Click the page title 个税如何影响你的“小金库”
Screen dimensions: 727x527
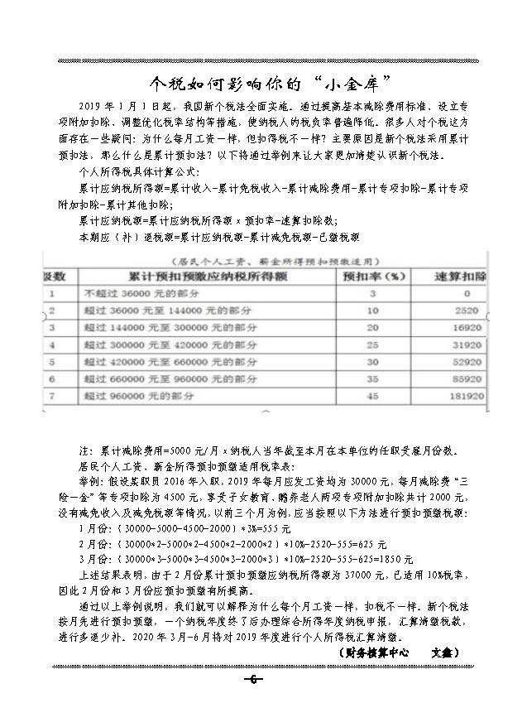263,84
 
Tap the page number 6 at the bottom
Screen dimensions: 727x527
252,680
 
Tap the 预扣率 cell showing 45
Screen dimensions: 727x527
372,397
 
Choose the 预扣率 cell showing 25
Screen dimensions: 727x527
372,344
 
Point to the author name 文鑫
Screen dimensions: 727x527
443,652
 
